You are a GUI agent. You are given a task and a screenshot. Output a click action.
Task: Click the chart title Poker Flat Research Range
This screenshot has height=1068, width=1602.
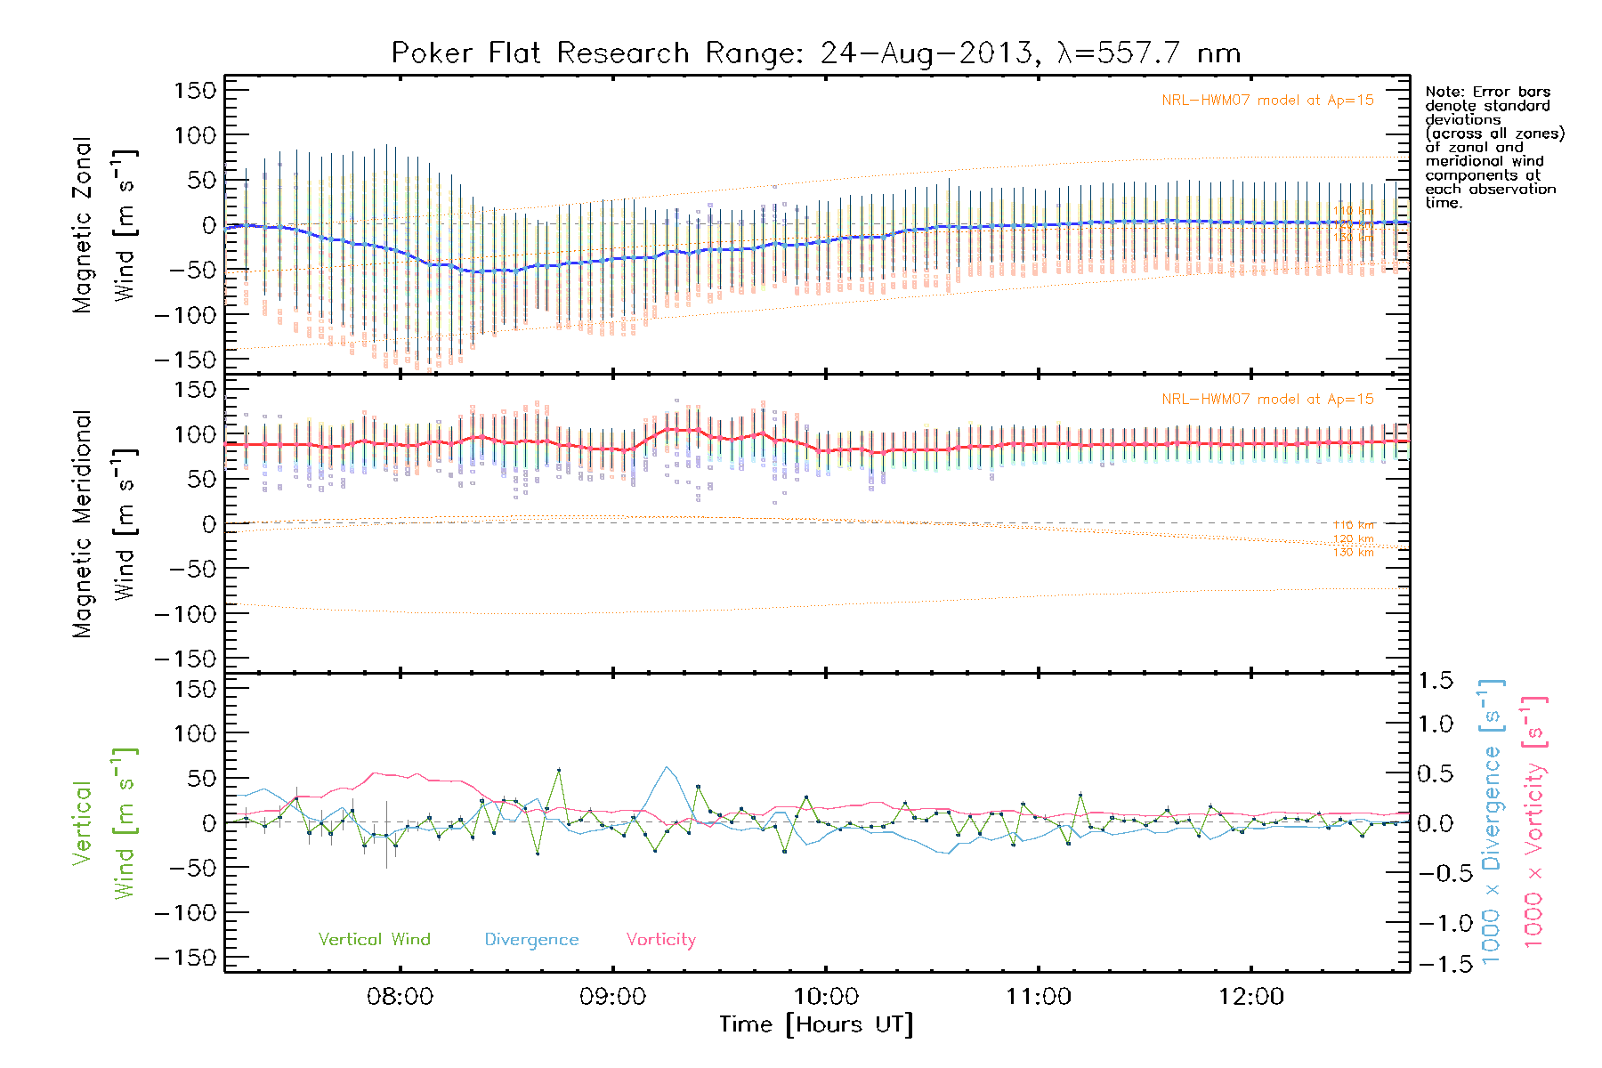pyautogui.click(x=815, y=53)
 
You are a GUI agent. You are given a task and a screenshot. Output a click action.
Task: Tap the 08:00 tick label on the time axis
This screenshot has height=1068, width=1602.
pyautogui.click(x=400, y=997)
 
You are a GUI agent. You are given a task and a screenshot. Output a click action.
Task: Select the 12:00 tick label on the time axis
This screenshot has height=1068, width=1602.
pyautogui.click(x=1250, y=997)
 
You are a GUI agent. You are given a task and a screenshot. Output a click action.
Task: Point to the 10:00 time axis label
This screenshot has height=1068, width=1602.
pyautogui.click(x=825, y=997)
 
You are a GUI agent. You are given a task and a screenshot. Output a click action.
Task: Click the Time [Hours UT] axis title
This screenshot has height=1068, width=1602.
pyautogui.click(x=816, y=1024)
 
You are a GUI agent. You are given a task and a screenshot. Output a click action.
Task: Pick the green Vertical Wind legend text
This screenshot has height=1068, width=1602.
pyautogui.click(x=374, y=940)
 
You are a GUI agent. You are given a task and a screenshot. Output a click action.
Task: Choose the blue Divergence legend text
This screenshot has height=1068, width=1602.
pyautogui.click(x=531, y=940)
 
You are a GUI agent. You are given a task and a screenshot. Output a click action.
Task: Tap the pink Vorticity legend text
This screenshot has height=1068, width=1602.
pyautogui.click(x=660, y=940)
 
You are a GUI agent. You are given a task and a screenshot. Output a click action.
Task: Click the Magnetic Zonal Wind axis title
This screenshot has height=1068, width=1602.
pyautogui.click(x=103, y=225)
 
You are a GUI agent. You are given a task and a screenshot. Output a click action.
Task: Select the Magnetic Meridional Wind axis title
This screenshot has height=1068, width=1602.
pyautogui.click(x=103, y=524)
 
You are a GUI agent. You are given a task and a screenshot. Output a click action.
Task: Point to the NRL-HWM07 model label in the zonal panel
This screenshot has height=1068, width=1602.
pyautogui.click(x=1267, y=101)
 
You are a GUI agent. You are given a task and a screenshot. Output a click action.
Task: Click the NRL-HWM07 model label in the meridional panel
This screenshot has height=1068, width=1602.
pyautogui.click(x=1267, y=400)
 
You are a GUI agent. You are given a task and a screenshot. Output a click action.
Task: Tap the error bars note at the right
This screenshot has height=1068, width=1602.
pyautogui.click(x=1493, y=147)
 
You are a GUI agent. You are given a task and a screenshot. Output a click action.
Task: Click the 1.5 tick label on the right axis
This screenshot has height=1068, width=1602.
pyautogui.click(x=1435, y=681)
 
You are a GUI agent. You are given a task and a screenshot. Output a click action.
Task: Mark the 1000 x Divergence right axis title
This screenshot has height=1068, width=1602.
pyautogui.click(x=1492, y=821)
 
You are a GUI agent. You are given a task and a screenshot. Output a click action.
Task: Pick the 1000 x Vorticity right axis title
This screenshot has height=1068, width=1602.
pyautogui.click(x=1534, y=821)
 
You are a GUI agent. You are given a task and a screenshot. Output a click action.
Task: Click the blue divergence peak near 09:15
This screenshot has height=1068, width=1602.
pyautogui.click(x=666, y=767)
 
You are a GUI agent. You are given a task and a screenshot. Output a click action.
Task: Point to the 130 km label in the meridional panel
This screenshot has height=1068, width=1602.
pyautogui.click(x=1353, y=553)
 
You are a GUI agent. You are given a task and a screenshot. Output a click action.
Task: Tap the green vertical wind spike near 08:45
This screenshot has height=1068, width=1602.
pyautogui.click(x=559, y=770)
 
